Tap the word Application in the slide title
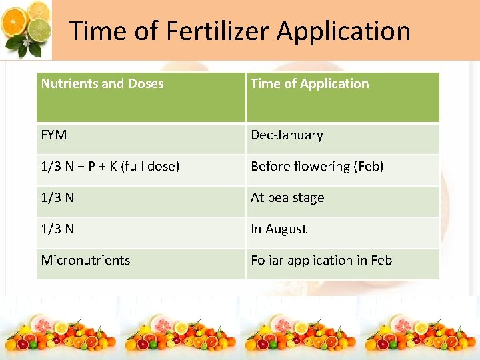pyautogui.click(x=343, y=31)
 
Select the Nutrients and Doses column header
pyautogui.click(x=102, y=84)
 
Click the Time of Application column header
pyautogui.click(x=309, y=84)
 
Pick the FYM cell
pyautogui.click(x=54, y=135)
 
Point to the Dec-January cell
pyautogui.click(x=287, y=135)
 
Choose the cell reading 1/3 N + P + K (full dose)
pyautogui.click(x=110, y=167)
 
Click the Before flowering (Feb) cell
pyautogui.click(x=317, y=167)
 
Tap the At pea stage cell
pyautogui.click(x=287, y=198)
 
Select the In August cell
pyautogui.click(x=279, y=229)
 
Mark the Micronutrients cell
pyautogui.click(x=85, y=261)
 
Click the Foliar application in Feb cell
pyautogui.click(x=321, y=261)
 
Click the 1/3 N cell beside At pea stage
pyautogui.click(x=57, y=198)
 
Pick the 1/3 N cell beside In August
pyautogui.click(x=57, y=229)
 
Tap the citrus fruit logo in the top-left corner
pyautogui.click(x=27, y=28)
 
